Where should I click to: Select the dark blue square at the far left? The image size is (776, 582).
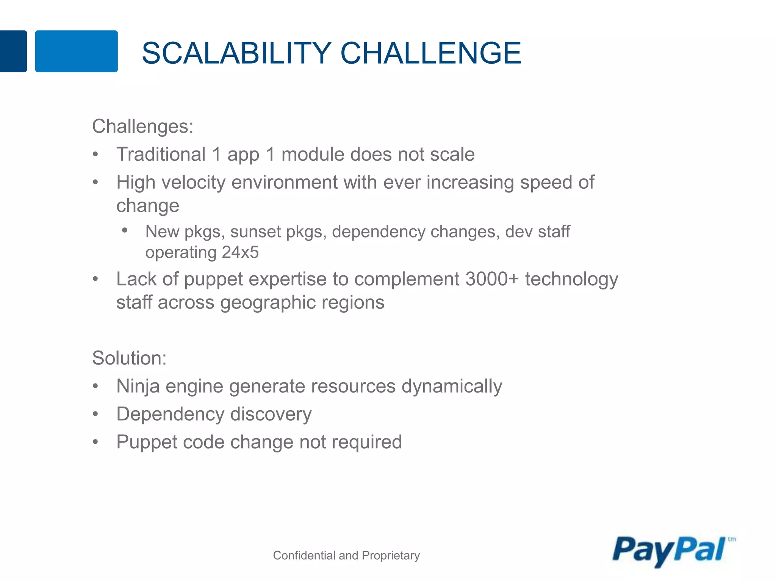13,51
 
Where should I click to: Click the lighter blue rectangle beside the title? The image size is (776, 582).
76,51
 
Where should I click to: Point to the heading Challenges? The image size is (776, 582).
142,126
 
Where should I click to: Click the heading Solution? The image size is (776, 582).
129,358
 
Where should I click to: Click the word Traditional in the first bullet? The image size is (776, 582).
161,155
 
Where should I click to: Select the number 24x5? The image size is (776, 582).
240,253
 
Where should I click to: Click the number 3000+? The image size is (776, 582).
491,279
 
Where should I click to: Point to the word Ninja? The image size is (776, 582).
138,386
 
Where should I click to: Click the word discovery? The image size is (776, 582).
271,414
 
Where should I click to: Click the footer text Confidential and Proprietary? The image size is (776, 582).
346,555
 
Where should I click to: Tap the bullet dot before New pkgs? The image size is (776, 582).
125,230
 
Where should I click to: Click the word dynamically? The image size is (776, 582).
452,386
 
